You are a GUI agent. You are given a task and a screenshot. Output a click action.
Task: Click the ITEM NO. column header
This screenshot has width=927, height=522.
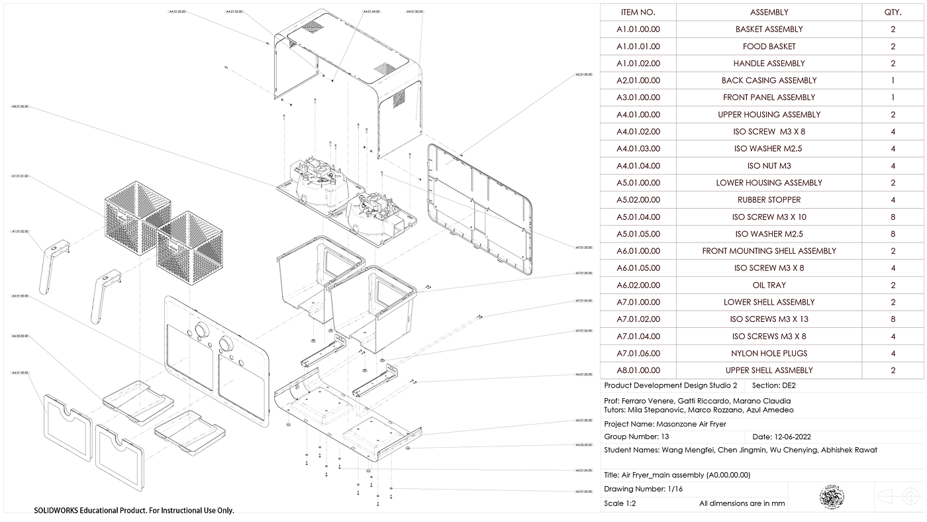coord(638,12)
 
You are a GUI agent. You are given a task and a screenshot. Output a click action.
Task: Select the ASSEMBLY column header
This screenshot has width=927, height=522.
coord(769,12)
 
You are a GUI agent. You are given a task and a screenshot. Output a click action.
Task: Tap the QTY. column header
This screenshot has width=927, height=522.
coord(893,12)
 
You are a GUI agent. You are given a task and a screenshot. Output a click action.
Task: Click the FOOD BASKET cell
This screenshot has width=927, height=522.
coord(769,46)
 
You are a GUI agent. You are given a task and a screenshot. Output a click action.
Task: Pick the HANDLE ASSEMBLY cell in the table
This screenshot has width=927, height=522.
coord(769,64)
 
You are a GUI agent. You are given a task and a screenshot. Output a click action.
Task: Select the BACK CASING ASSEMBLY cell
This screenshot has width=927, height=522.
coord(769,81)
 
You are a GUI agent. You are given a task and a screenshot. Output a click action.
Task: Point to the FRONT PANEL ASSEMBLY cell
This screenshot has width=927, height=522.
coord(769,97)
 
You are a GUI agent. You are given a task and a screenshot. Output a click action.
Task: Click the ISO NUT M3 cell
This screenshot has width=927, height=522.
coord(769,166)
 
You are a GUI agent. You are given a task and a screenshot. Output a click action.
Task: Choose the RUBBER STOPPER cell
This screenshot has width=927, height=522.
coord(769,200)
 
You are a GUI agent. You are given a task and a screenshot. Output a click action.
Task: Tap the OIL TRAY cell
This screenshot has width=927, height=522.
coord(769,286)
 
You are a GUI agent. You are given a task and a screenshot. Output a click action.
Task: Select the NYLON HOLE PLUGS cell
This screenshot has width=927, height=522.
coord(769,354)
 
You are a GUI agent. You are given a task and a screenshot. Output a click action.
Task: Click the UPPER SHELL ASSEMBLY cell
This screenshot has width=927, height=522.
coord(769,371)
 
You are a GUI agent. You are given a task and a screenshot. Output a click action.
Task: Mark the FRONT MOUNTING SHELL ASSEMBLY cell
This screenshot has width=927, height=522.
coord(769,251)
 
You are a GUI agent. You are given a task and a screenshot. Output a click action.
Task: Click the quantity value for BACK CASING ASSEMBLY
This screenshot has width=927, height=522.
coord(893,81)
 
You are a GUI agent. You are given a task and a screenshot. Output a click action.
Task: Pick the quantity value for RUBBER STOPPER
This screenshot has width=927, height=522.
coord(893,200)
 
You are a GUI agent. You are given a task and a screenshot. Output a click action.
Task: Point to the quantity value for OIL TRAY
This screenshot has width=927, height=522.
coord(893,286)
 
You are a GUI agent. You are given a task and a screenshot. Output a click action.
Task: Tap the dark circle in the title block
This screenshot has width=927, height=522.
coord(831,496)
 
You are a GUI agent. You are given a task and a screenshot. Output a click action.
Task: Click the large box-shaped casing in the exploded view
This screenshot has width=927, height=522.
coord(351,86)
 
